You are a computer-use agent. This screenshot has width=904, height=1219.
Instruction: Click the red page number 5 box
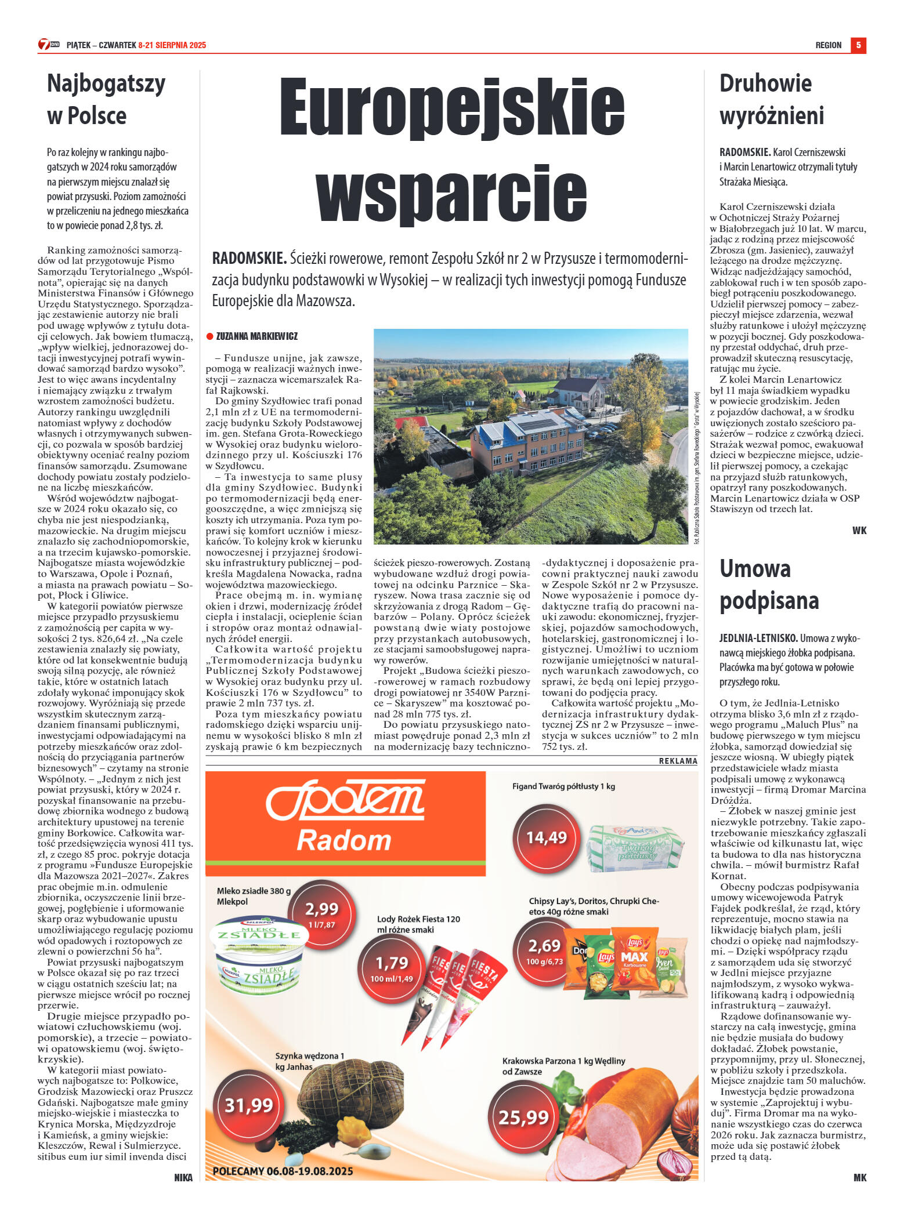[x=858, y=45]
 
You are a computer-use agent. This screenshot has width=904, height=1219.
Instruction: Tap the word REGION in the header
[x=828, y=45]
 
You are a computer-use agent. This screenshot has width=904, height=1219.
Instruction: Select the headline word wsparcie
[x=451, y=193]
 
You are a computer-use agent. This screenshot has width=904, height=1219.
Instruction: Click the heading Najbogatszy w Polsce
[x=106, y=99]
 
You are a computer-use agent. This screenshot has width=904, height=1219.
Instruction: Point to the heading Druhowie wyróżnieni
[x=771, y=99]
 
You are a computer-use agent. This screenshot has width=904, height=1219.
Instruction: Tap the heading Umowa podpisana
[x=769, y=585]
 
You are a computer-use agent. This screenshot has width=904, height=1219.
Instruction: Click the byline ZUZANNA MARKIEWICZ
[x=256, y=336]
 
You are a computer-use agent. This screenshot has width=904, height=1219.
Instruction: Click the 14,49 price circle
[x=546, y=837]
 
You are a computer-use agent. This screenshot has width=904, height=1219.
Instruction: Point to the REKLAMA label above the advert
[x=678, y=761]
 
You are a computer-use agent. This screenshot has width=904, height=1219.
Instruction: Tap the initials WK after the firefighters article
[x=859, y=531]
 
